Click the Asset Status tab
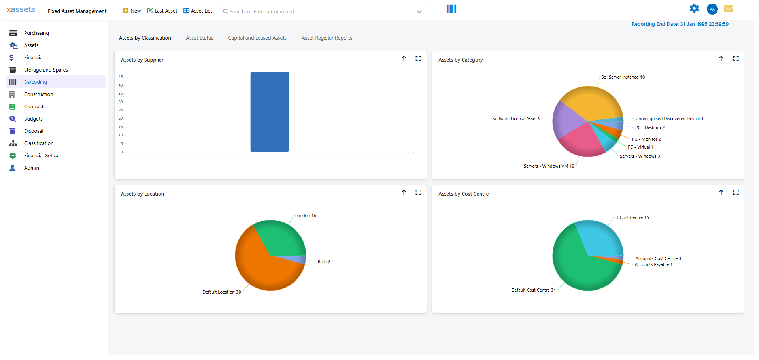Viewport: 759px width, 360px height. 199,38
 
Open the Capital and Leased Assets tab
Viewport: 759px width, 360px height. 257,38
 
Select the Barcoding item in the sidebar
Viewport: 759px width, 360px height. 36,82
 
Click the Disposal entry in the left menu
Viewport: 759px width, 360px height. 34,131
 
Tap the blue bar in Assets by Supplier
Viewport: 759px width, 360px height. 270,112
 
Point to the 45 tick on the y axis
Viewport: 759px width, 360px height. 121,77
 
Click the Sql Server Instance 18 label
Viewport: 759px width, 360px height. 623,77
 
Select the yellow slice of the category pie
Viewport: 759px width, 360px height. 591,103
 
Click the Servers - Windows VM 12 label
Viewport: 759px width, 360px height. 549,166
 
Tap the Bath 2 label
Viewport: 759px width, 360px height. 324,262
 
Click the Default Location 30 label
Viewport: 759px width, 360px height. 221,292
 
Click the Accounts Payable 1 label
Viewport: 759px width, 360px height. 653,265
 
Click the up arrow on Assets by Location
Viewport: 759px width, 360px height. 404,192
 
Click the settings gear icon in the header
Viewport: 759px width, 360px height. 694,9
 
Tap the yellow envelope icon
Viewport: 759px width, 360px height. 728,9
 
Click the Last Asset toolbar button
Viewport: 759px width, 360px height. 162,11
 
